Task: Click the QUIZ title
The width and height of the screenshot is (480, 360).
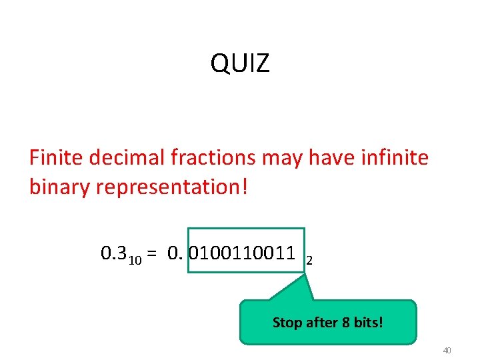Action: click(x=240, y=64)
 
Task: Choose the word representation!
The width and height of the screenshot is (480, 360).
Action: click(x=172, y=187)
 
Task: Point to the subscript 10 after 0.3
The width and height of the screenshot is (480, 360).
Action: click(x=134, y=259)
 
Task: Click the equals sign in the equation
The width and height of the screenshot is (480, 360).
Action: click(x=152, y=253)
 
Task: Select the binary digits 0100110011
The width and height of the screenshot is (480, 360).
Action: click(x=243, y=253)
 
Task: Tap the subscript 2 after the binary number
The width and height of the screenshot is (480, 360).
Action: click(x=309, y=260)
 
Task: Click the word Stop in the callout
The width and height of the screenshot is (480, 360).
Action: click(x=287, y=323)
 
